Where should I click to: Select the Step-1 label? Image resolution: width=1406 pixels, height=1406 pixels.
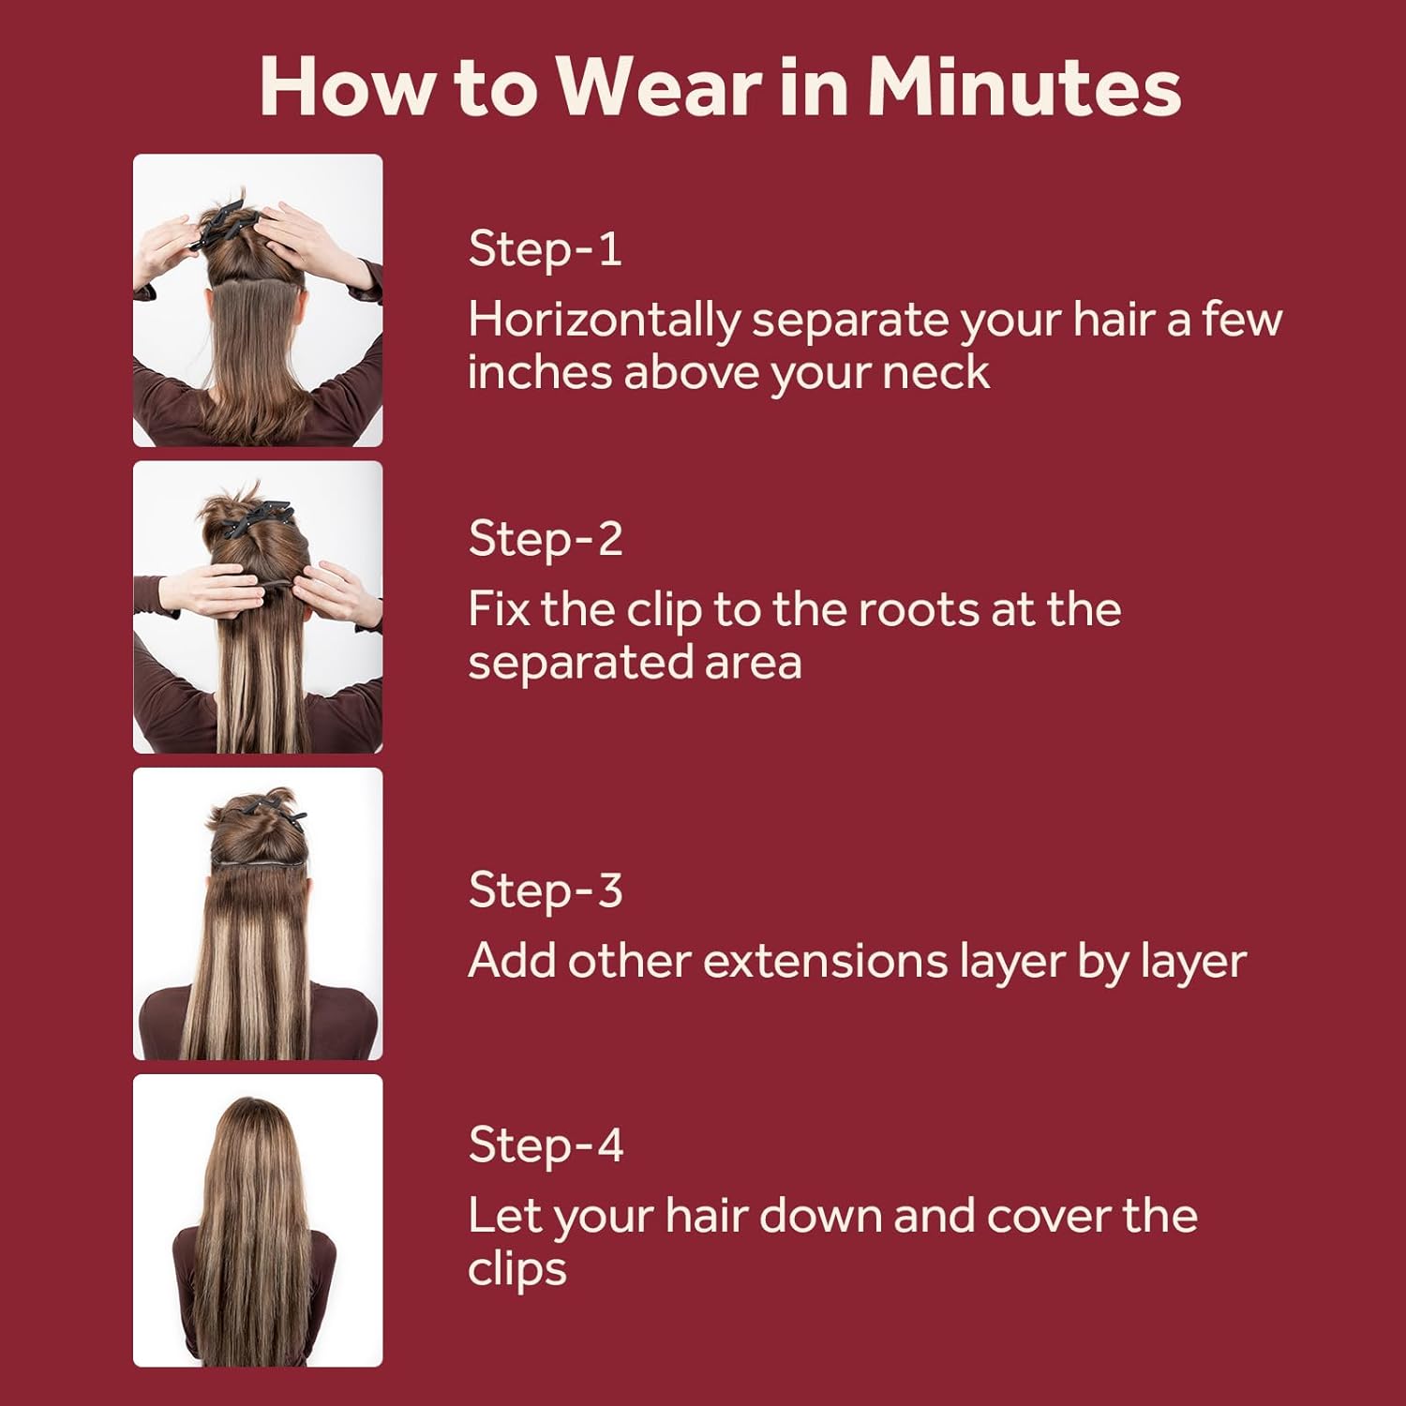[x=545, y=249]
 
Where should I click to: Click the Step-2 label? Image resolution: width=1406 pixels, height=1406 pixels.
[x=546, y=539]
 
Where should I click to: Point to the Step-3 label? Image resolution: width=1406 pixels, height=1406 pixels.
[x=546, y=890]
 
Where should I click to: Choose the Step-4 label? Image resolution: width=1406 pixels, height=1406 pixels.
[x=546, y=1145]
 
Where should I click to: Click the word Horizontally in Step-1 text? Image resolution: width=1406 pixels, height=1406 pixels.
[x=605, y=321]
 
